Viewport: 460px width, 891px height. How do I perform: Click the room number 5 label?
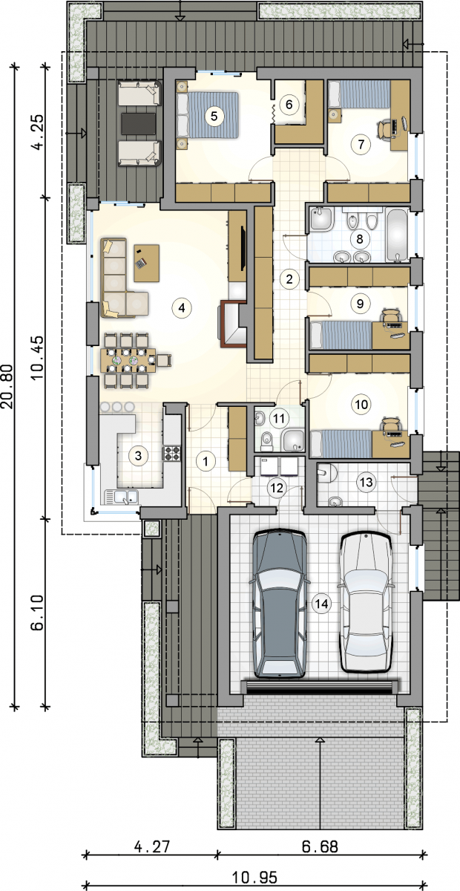click(214, 116)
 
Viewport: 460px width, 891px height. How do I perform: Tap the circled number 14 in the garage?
click(321, 604)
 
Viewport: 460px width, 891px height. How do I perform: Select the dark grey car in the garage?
click(280, 604)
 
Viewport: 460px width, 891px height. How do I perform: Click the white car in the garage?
click(366, 602)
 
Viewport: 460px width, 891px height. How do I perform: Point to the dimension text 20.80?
click(9, 387)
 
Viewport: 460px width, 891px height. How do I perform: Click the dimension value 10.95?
click(254, 877)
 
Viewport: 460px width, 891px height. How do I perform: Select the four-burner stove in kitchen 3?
click(172, 454)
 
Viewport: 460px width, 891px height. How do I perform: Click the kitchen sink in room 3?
click(121, 497)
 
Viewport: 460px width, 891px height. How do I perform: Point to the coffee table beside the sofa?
click(147, 263)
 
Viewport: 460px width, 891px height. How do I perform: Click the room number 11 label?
click(279, 419)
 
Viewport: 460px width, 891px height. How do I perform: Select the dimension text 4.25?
click(38, 131)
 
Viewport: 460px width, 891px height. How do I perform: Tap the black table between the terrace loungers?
click(139, 124)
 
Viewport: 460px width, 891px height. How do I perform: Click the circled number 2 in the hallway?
click(289, 278)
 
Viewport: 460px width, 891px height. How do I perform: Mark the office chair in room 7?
click(385, 130)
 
